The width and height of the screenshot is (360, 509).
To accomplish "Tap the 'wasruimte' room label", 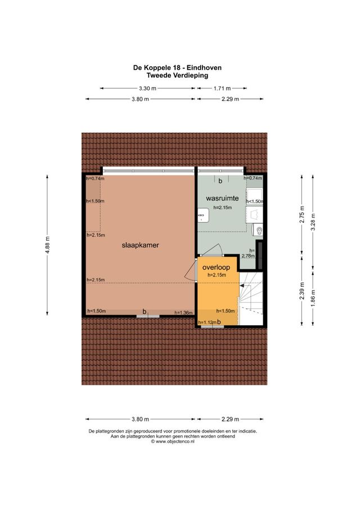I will pos(223,199).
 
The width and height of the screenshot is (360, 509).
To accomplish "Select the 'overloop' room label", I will pos(216,267).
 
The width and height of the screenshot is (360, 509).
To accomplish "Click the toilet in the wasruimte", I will pos(258,229).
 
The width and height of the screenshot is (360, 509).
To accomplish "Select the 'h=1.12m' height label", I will pos(208,322).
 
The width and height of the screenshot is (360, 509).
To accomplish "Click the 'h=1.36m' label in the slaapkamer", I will pos(183,313).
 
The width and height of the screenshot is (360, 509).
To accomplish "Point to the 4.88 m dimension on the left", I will pos(48,245).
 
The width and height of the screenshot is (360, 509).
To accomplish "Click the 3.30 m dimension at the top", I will pos(148,88).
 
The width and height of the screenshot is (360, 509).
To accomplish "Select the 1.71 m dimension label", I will pos(222,88).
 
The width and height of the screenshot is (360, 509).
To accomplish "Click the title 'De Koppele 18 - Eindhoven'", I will pos(177,67).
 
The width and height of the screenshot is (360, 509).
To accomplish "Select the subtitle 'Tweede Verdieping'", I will pos(177,75).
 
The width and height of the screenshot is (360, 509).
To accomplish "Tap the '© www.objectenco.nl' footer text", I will pos(173,442).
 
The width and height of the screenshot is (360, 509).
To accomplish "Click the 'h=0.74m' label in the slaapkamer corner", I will pos(95,178).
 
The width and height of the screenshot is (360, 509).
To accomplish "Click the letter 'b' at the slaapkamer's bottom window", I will pos(145,311).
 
